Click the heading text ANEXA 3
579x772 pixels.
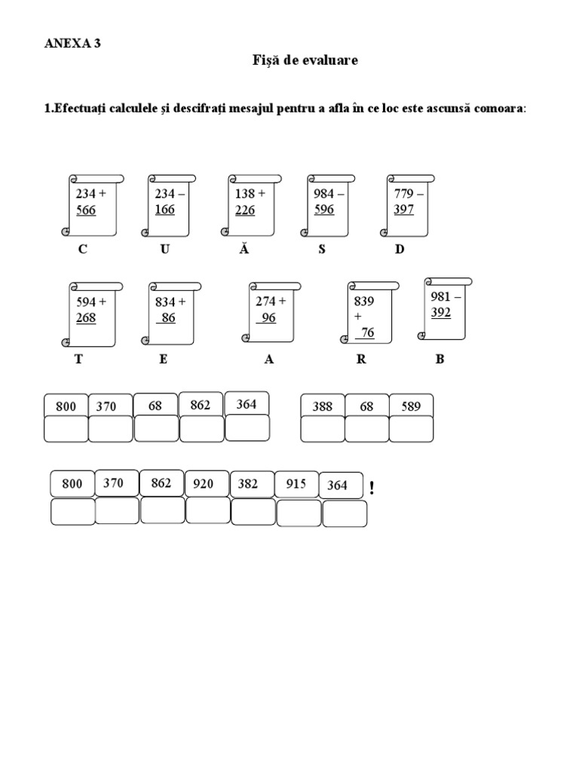[73, 44]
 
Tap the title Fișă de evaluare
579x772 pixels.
[305, 61]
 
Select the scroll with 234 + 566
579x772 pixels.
[93, 204]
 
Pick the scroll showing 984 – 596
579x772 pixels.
[331, 204]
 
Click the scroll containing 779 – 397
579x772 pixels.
[411, 204]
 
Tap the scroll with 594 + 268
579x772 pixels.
[93, 314]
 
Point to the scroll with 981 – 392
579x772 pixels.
[447, 308]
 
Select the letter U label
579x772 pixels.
[164, 250]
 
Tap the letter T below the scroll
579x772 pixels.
[78, 360]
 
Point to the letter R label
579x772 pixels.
[361, 360]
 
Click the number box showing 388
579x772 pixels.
[323, 406]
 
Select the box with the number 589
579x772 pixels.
[411, 406]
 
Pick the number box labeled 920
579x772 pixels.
[204, 484]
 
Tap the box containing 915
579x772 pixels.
[296, 484]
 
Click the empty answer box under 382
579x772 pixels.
[253, 511]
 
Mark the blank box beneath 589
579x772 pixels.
[411, 429]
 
